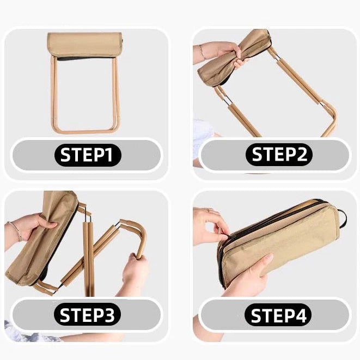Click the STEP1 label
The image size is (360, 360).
click(88, 155)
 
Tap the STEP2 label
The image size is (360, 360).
click(279, 154)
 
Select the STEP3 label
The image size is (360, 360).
click(87, 314)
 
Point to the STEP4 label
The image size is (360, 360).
click(278, 315)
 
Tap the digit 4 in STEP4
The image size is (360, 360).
click(300, 315)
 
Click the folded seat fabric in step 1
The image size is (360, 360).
click(85, 45)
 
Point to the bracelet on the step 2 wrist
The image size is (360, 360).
click(202, 52)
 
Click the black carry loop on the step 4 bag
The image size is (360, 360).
click(342, 218)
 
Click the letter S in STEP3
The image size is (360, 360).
click(65, 314)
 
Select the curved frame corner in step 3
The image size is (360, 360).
click(141, 230)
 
